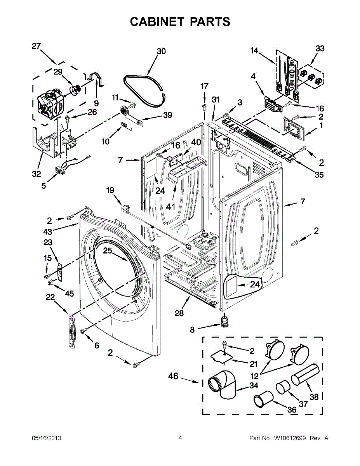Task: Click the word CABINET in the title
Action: point(157,22)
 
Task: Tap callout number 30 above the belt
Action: point(161,52)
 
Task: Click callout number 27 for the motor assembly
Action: point(36,46)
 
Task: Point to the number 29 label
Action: point(58,72)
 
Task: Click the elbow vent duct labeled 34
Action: point(222,384)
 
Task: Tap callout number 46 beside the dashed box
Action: point(173,376)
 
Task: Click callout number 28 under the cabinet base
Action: point(179,313)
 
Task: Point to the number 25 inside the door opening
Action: point(108,250)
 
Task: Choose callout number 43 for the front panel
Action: point(48,232)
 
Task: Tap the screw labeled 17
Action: point(204,106)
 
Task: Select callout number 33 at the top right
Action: point(320,49)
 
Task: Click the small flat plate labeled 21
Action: point(222,358)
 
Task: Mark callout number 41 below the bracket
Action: point(170,207)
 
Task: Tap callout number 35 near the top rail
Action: point(319,175)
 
